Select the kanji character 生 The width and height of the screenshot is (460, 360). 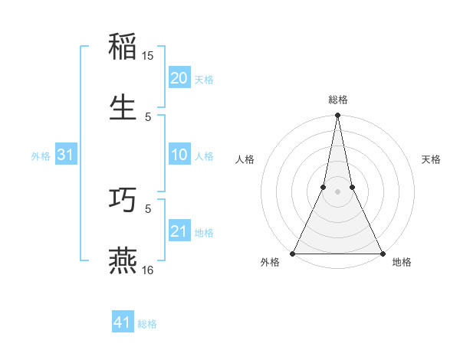[123, 106]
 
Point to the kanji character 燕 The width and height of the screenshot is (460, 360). [123, 260]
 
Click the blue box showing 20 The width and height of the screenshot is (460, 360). [179, 78]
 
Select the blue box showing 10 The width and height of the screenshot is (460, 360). [179, 155]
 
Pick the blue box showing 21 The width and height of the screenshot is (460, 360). [179, 231]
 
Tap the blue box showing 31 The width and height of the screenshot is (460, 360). [66, 155]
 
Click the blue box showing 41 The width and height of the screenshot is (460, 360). [123, 322]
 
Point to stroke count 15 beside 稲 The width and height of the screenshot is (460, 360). [148, 56]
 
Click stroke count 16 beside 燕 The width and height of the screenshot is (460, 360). [148, 270]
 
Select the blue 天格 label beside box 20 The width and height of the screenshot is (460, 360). [204, 79]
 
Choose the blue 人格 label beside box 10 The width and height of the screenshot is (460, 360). [204, 156]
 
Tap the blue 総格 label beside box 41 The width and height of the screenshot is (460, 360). [147, 323]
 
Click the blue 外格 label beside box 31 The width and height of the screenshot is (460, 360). [41, 156]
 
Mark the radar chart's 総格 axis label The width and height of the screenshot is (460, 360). [337, 100]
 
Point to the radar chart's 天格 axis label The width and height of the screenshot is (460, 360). [431, 159]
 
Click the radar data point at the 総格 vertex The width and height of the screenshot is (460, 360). [337, 115]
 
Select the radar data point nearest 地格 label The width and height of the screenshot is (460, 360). [382, 253]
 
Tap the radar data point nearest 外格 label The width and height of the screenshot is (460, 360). [293, 253]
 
